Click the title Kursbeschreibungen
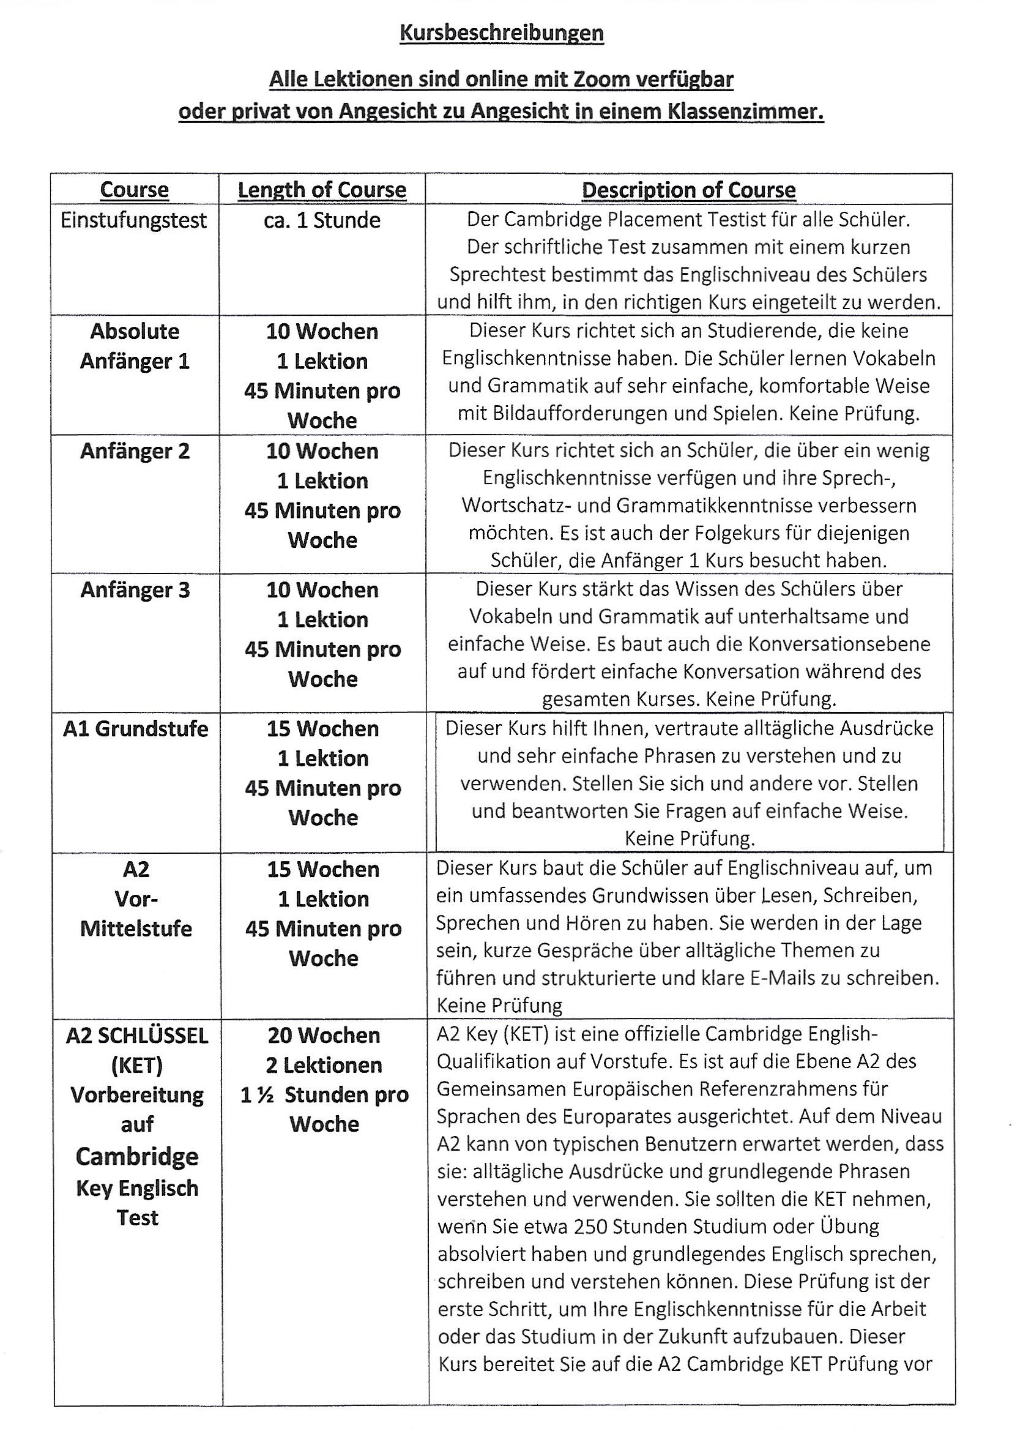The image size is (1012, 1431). [501, 33]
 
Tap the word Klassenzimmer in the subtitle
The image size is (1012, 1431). [745, 111]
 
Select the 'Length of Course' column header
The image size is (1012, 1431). [322, 190]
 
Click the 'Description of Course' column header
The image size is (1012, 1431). [688, 190]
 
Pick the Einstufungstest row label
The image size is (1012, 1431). [133, 220]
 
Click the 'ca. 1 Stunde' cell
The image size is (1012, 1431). [322, 220]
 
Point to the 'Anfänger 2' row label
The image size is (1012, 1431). [135, 451]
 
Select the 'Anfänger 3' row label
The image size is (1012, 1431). [135, 590]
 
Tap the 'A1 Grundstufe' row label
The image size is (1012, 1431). [136, 729]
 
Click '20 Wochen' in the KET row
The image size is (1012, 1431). [324, 1035]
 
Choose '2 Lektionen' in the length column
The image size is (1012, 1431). [324, 1065]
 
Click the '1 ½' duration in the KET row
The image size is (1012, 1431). [258, 1095]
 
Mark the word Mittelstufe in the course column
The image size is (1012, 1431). [136, 928]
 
